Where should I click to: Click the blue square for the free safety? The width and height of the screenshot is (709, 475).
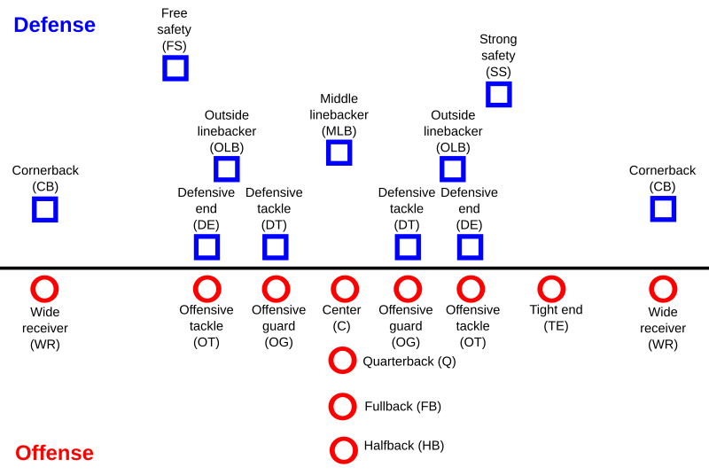164,68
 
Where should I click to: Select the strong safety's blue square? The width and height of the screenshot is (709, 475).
487,95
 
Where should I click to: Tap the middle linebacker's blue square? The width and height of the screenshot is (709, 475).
328,152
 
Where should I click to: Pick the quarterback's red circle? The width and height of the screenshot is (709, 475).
331,360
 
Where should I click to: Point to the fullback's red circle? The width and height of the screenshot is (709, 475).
331,406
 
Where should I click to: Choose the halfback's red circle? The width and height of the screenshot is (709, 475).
331,450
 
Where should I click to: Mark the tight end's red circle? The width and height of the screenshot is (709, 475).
540,289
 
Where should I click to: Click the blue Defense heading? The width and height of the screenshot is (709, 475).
55,25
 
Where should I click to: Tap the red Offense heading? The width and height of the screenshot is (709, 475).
54,453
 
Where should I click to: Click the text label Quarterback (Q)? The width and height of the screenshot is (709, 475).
409,362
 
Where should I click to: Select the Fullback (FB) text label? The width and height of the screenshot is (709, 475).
403,406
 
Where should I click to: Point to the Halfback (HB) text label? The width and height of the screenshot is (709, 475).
404,446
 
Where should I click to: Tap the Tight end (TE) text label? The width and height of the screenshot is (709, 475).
557,318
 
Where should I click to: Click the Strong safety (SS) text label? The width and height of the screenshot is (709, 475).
498,56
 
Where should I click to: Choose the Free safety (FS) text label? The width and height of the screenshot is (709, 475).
174,29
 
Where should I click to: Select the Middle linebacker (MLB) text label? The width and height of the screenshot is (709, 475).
339,115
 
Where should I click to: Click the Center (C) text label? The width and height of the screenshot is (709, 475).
341,318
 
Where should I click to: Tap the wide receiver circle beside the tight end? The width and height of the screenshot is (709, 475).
651,289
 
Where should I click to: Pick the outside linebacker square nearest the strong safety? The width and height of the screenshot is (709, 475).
441,169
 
